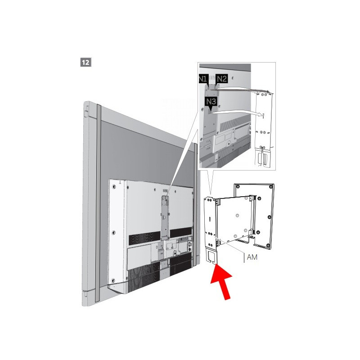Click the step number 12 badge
pyautogui.click(x=85, y=62)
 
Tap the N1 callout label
pyautogui.click(x=203, y=79)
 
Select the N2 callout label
pyautogui.click(x=221, y=79)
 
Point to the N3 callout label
pyautogui.click(x=211, y=102)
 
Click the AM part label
pyautogui.click(x=252, y=257)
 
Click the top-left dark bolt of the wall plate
pyautogui.click(x=238, y=186)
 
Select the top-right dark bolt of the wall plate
pyautogui.click(x=272, y=186)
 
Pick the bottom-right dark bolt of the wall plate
pyautogui.click(x=268, y=246)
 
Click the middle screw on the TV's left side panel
pyautogui.click(x=114, y=233)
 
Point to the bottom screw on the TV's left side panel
pyautogui.click(x=113, y=280)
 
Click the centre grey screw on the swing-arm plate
pyautogui.click(x=238, y=216)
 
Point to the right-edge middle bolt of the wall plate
pyautogui.click(x=270, y=217)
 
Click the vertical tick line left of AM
pyautogui.click(x=244, y=258)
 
